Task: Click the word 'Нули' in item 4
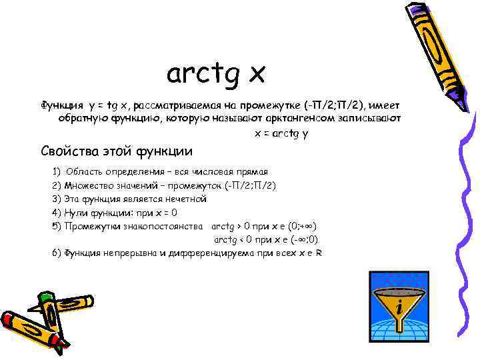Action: pyautogui.click(x=75, y=213)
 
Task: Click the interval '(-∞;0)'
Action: pyautogui.click(x=303, y=239)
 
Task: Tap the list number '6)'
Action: pyautogui.click(x=56, y=253)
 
